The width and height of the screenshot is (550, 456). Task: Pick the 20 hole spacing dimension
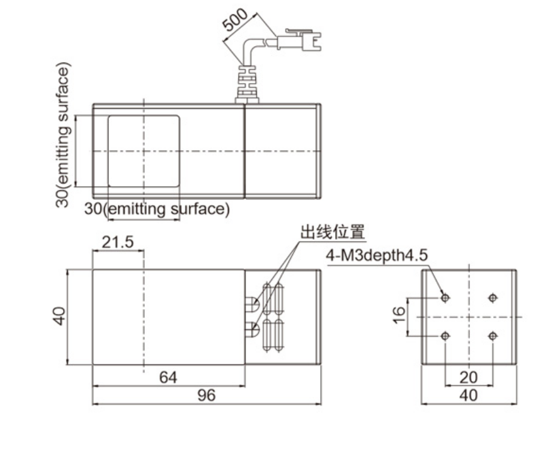point(469,377)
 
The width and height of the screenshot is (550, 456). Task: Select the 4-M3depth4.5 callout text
point(377,255)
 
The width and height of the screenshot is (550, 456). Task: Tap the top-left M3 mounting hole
point(445,298)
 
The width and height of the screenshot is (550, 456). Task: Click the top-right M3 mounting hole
point(493,298)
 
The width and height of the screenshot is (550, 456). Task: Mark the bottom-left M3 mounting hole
point(445,336)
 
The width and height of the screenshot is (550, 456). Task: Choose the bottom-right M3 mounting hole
point(493,336)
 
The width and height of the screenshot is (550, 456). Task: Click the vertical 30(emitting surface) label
point(63,135)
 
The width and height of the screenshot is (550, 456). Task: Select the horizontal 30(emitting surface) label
point(157,208)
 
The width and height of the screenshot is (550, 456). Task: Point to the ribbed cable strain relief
point(245,83)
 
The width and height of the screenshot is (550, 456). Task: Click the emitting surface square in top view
point(144,151)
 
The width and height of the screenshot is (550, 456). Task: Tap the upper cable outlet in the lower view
point(253,304)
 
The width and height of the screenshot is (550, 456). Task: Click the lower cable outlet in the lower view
point(253,328)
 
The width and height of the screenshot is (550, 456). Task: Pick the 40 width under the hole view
point(469,395)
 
